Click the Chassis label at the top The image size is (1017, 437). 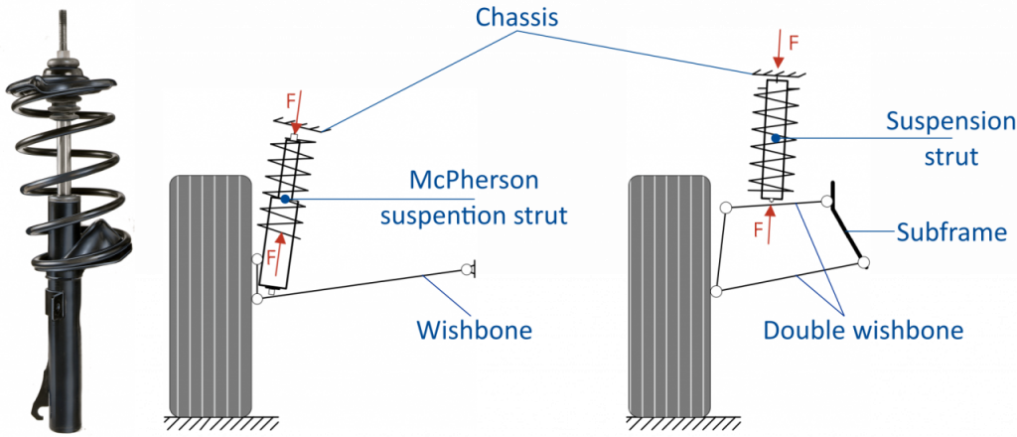(x=518, y=18)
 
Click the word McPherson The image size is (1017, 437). (x=474, y=183)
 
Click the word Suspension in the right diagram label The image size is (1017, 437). (x=950, y=122)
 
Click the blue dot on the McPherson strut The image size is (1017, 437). (x=285, y=200)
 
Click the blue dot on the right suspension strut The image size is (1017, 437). (x=773, y=138)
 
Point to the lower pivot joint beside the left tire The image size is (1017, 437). (x=258, y=297)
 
